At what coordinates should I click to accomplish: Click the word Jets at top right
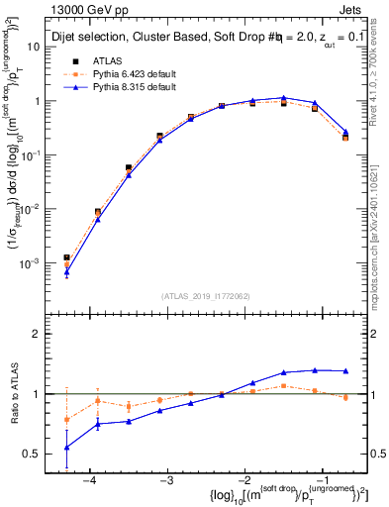pyautogui.click(x=355, y=9)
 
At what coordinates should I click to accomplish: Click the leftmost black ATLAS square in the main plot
pyautogui.click(x=66, y=257)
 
